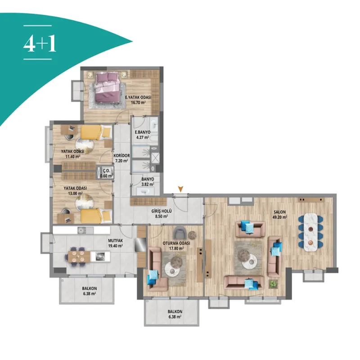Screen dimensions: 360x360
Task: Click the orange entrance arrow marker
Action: [x=181, y=189]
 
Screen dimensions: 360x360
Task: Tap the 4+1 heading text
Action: [x=40, y=44]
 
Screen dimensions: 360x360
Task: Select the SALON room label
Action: [x=279, y=212]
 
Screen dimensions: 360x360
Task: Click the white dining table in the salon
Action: [x=310, y=232]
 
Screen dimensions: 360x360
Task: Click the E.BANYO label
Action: [x=143, y=132]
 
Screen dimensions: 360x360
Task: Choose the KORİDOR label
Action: [x=121, y=155]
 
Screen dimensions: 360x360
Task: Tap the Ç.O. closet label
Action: [x=107, y=171]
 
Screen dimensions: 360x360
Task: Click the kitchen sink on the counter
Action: [x=82, y=230]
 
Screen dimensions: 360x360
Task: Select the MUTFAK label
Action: [x=116, y=241]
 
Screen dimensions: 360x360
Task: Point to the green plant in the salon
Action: [x=273, y=284]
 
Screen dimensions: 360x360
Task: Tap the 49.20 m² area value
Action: [x=279, y=217]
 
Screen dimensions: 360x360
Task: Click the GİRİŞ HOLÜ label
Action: [x=162, y=211]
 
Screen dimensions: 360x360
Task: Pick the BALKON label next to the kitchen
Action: [x=89, y=288]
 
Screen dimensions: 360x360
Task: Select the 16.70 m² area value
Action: [x=138, y=103]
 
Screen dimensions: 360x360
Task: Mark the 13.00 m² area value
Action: [x=75, y=193]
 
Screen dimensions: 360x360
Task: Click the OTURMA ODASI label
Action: [x=176, y=243]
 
